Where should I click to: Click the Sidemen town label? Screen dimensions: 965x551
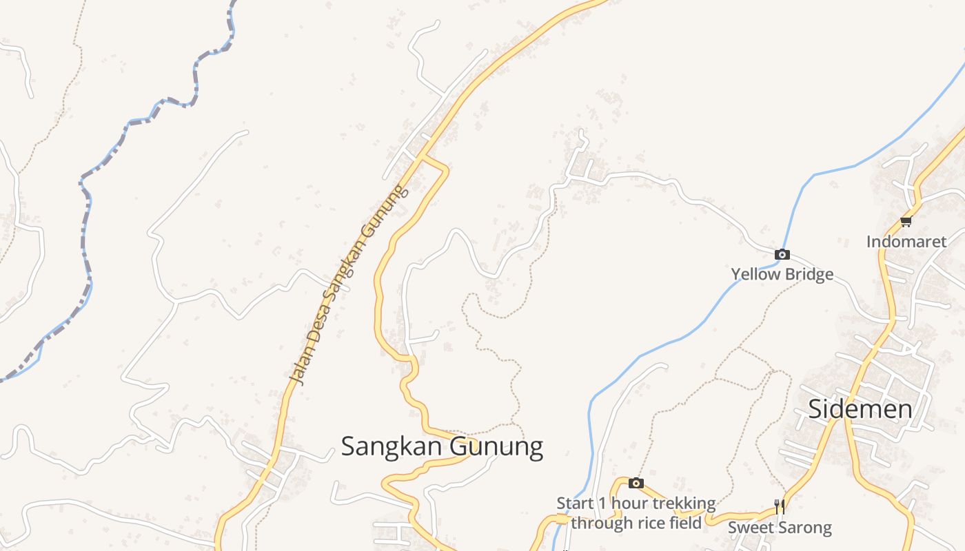tap(860, 409)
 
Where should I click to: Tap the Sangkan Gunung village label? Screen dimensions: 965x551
tap(442, 446)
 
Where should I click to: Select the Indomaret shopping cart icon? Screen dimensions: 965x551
tap(906, 221)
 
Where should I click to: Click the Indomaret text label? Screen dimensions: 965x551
tap(906, 242)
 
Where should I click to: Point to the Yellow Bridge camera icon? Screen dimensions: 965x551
tap(782, 254)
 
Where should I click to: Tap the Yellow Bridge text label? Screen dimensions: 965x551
tap(782, 274)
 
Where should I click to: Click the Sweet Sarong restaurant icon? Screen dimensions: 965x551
tap(780, 507)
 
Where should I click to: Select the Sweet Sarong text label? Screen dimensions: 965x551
tap(780, 528)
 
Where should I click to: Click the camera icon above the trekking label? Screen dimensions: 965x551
tap(636, 484)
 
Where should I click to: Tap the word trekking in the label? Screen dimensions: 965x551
tap(682, 503)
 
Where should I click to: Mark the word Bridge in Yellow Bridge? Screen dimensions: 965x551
tap(809, 274)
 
